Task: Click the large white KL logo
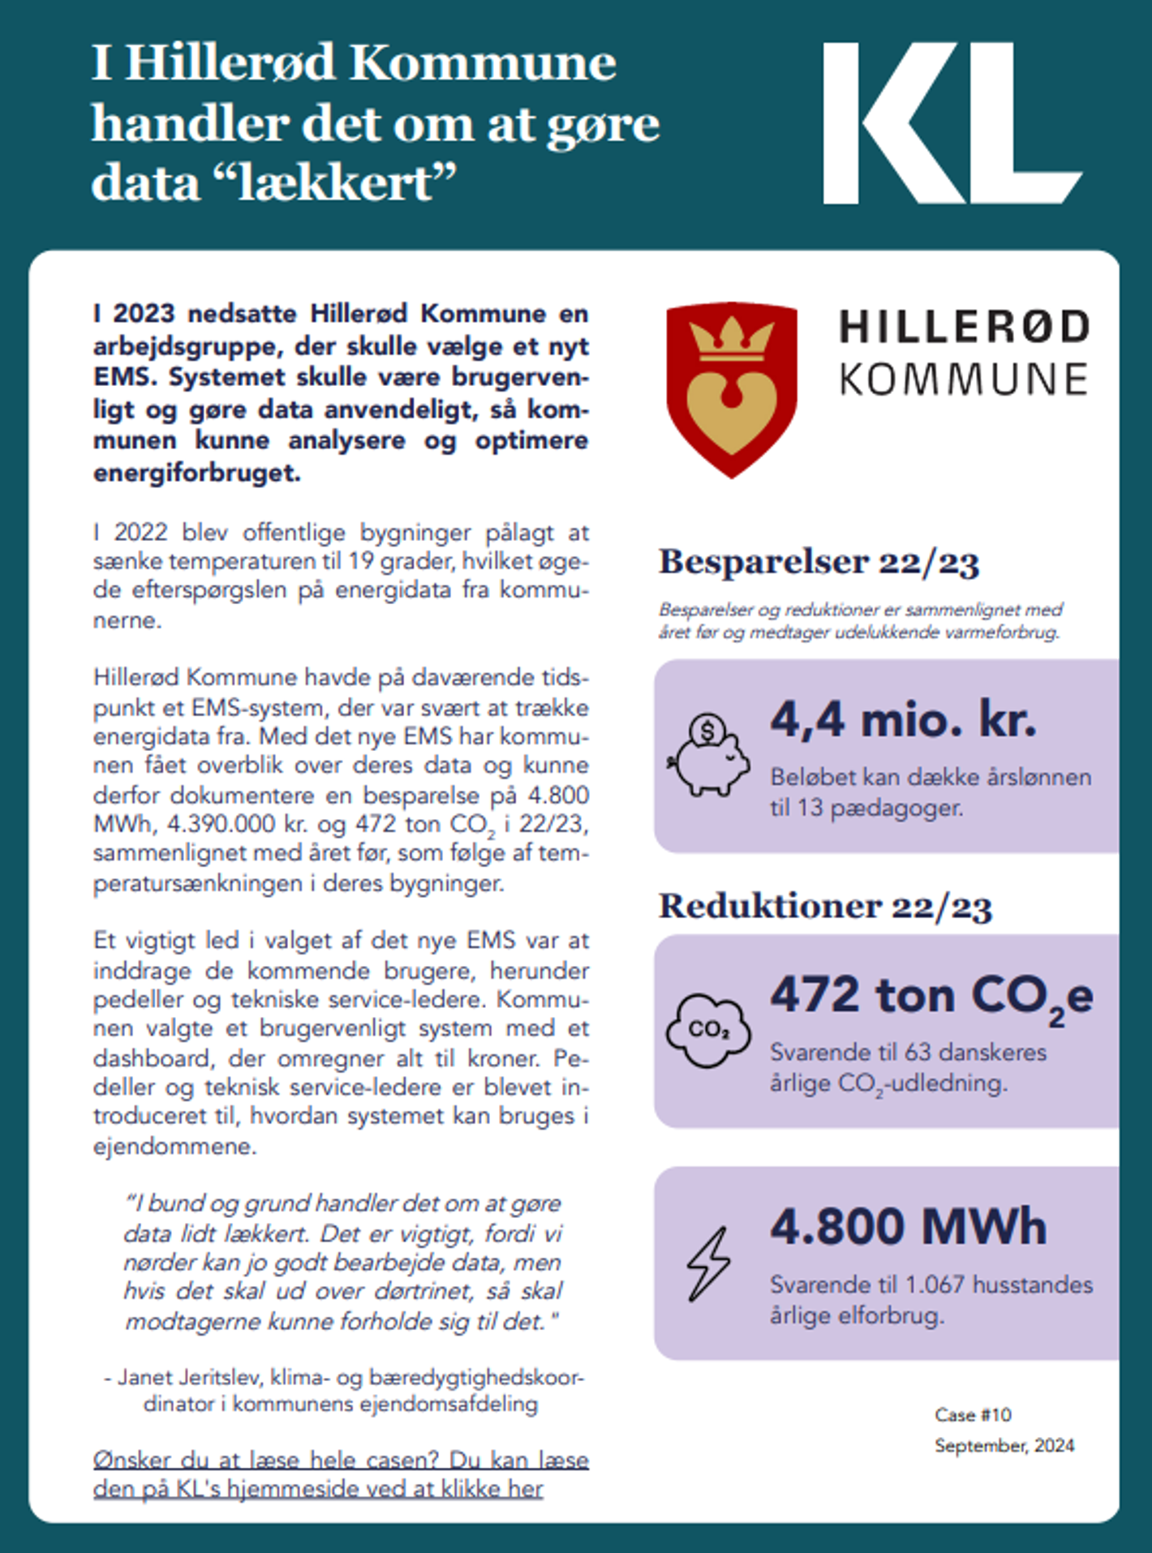pyautogui.click(x=951, y=123)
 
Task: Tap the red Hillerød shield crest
pyautogui.click(x=731, y=388)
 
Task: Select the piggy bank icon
pyautogui.click(x=708, y=755)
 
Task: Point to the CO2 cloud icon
pyautogui.click(x=708, y=1030)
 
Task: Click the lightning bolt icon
pyautogui.click(x=708, y=1263)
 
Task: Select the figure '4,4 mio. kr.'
pyautogui.click(x=903, y=719)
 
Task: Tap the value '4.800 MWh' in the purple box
pyautogui.click(x=908, y=1226)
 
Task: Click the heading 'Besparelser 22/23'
pyautogui.click(x=819, y=562)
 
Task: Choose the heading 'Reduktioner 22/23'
pyautogui.click(x=825, y=907)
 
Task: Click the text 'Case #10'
pyautogui.click(x=973, y=1415)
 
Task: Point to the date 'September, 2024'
pyautogui.click(x=1004, y=1445)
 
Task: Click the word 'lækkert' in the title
pyautogui.click(x=345, y=182)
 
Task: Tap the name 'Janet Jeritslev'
pyautogui.click(x=189, y=1377)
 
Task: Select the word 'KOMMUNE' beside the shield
pyautogui.click(x=963, y=380)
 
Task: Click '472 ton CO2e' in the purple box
pyautogui.click(x=931, y=997)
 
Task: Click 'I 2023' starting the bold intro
pyautogui.click(x=134, y=314)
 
